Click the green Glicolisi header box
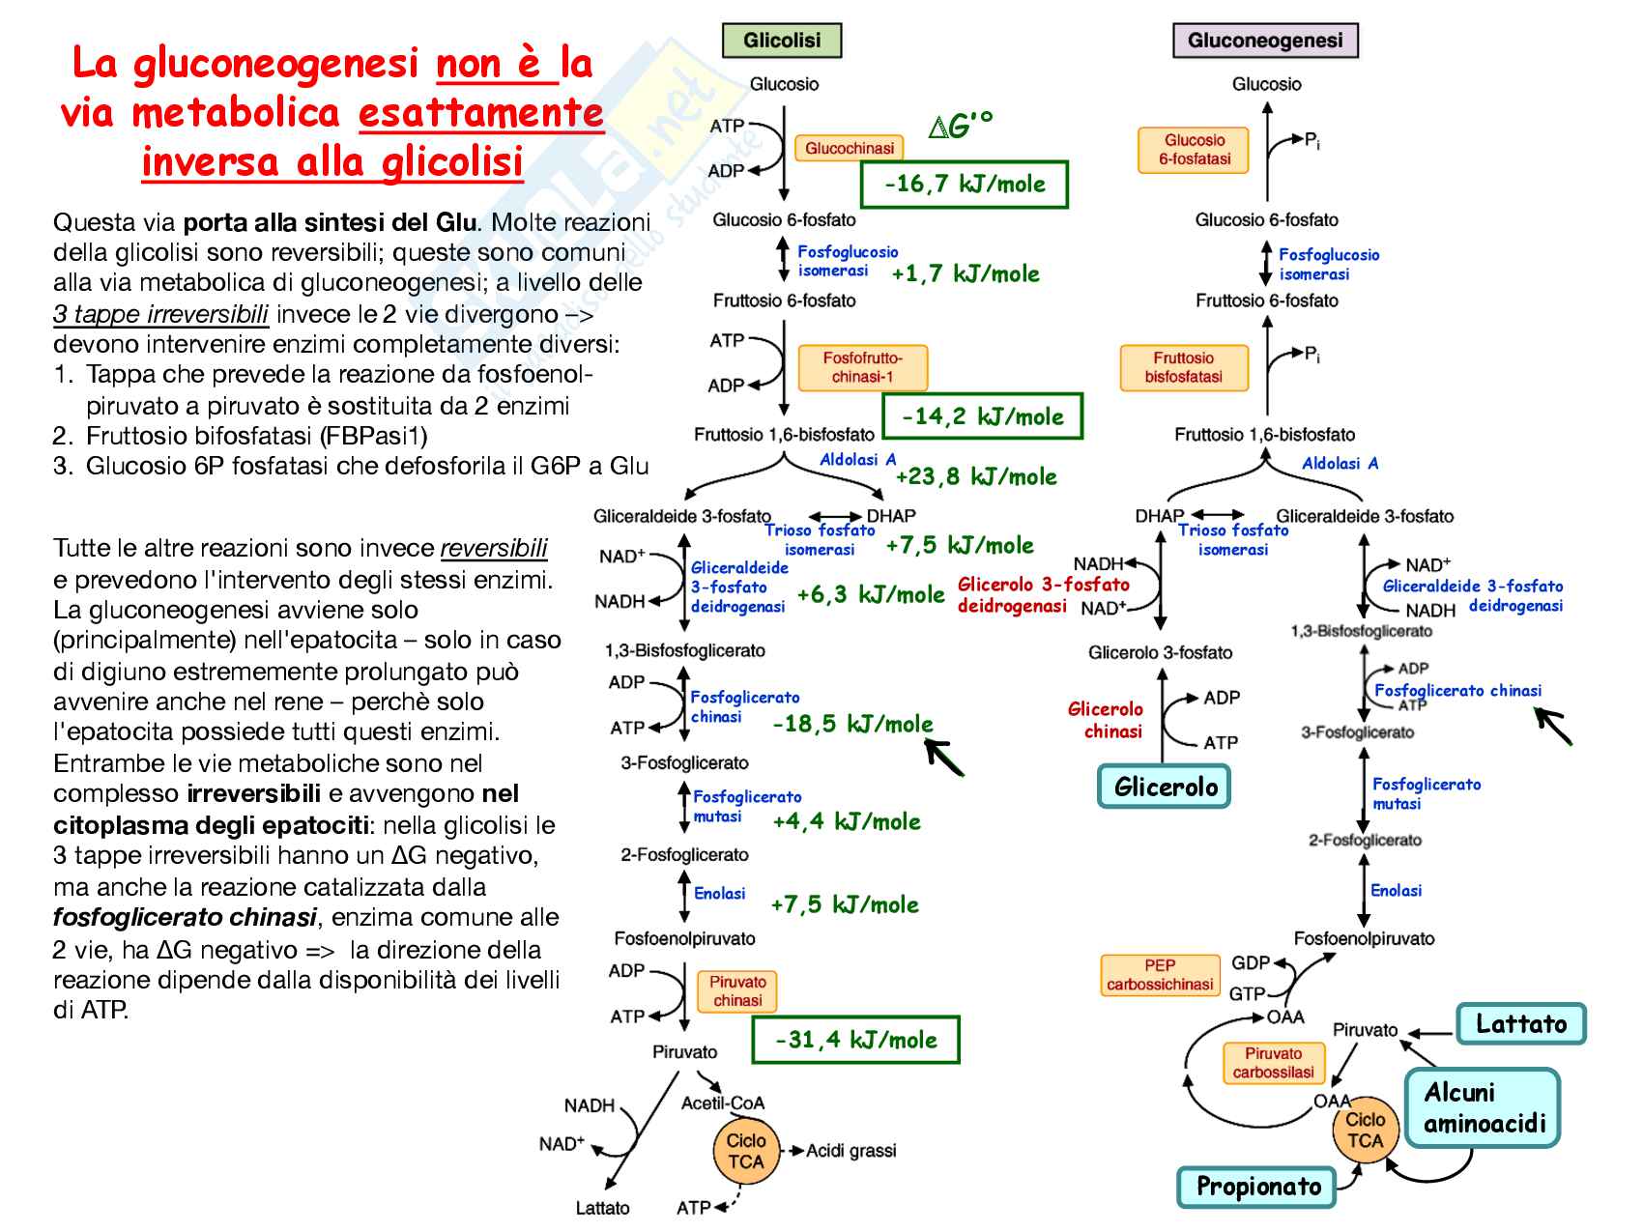click(x=782, y=41)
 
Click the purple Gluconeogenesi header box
click(x=1264, y=41)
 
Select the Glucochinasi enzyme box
click(x=849, y=148)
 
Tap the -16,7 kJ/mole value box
click(x=964, y=185)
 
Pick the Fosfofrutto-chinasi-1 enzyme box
click(x=862, y=367)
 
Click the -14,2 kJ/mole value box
click(x=982, y=416)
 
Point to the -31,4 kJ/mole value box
click(x=855, y=1040)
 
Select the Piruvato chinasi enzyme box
click(x=736, y=991)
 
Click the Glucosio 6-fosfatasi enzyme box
click(x=1194, y=150)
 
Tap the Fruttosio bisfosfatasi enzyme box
click(x=1183, y=367)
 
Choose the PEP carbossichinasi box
click(x=1159, y=975)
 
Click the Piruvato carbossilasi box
click(x=1272, y=1063)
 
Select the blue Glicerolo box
click(x=1165, y=787)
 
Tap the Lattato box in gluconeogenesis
click(x=1520, y=1024)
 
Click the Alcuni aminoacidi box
click(x=1483, y=1107)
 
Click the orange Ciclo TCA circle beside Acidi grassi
click(x=745, y=1151)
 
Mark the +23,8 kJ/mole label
click(x=975, y=476)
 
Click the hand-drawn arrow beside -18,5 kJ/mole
click(x=944, y=756)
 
